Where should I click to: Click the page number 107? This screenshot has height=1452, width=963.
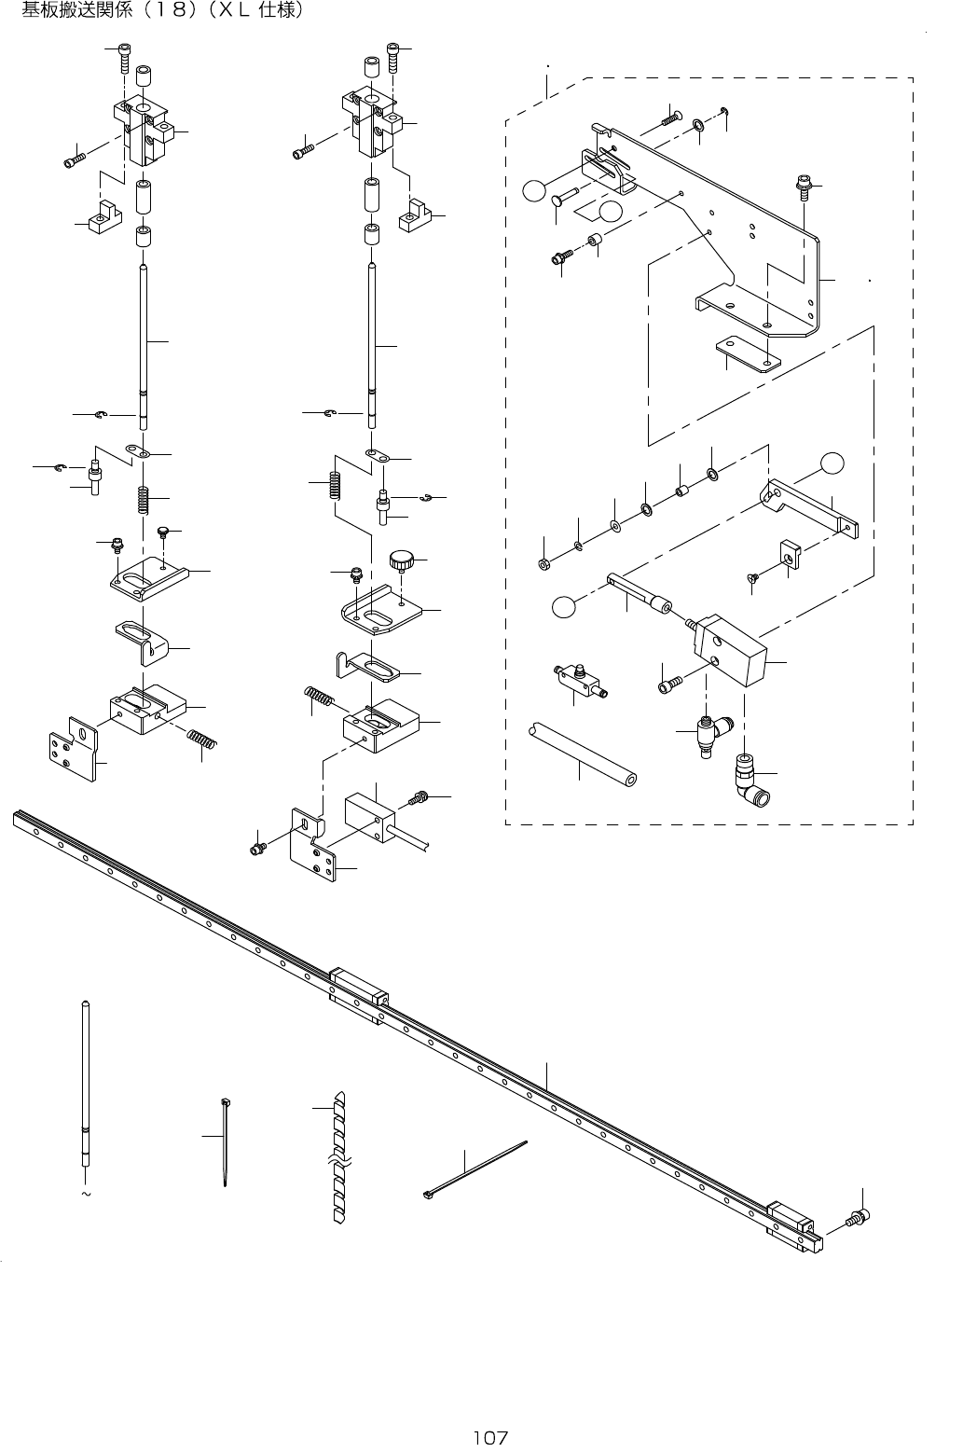pos(489,1437)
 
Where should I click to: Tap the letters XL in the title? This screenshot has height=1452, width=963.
pos(236,13)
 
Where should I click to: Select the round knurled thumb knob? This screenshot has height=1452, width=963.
pos(401,561)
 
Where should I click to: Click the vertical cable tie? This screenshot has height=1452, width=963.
pos(226,1142)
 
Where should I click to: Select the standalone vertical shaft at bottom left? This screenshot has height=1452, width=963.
pos(85,1082)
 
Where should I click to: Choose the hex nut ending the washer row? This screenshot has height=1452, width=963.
pos(543,563)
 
